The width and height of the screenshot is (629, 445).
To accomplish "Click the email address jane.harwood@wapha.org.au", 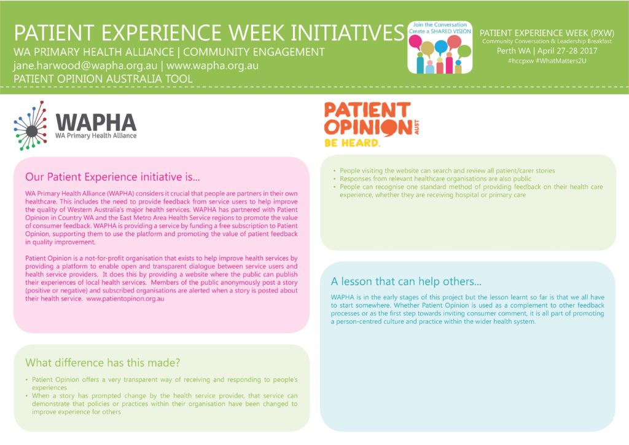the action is (85, 65).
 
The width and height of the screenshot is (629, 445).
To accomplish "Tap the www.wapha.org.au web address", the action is (212, 65).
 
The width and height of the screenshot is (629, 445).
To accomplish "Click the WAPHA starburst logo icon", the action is (31, 125).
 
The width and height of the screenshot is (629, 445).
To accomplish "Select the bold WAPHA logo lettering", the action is (96, 122).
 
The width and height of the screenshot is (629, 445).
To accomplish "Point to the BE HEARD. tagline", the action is (352, 143).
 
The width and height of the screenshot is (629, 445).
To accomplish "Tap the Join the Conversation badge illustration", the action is (440, 47).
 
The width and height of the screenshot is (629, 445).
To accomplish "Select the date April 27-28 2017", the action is (567, 51).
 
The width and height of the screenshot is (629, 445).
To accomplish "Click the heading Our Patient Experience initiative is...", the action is (112, 177).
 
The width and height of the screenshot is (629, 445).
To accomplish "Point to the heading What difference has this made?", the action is (103, 363).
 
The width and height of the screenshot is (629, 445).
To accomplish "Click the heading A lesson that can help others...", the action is (406, 282).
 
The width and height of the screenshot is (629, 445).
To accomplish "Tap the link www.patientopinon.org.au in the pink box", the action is (125, 299).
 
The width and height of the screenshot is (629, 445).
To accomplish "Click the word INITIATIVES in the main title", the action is (347, 33).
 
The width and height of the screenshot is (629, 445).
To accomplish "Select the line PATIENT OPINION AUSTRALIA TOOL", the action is (103, 79).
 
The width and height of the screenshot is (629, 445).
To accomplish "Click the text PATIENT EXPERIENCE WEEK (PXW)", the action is (547, 33).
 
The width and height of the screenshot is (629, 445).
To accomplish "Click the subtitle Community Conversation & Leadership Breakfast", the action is (547, 41).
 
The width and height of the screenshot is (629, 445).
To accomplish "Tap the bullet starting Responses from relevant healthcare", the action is (436, 179).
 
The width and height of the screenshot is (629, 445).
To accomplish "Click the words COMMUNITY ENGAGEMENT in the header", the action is (254, 52).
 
